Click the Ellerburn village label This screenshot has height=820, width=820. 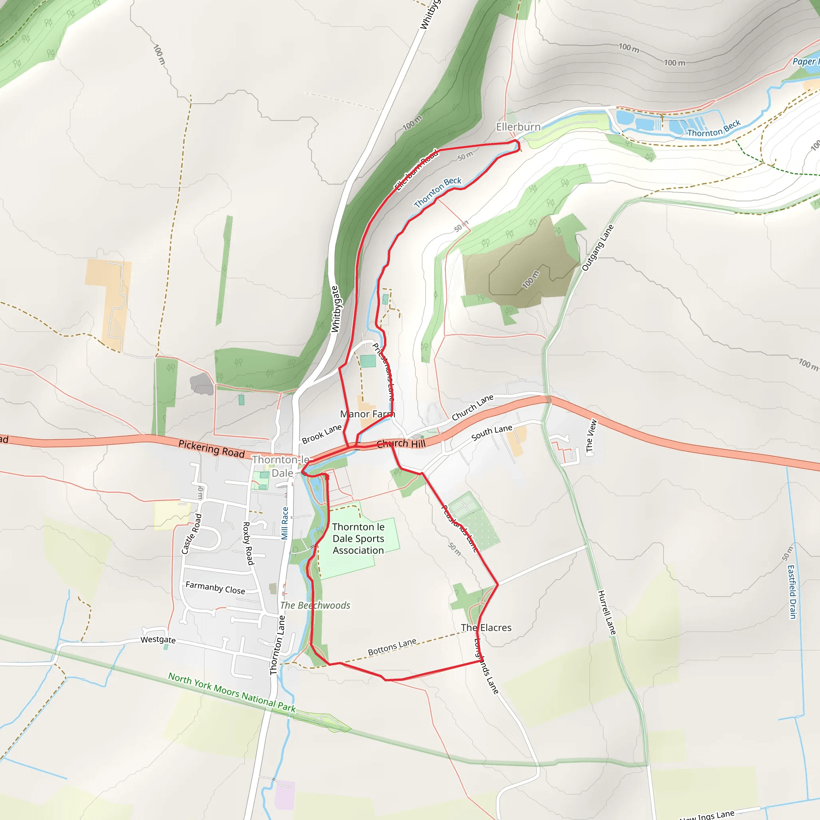point(518,127)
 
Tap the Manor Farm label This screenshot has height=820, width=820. point(367,414)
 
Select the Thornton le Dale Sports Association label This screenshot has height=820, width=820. point(358,539)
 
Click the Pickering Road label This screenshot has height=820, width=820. point(211,448)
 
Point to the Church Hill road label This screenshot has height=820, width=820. point(401,444)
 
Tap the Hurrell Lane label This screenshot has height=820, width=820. point(607,613)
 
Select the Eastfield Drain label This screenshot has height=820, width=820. point(792,592)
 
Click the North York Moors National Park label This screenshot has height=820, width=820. point(232,692)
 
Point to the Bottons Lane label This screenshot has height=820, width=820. point(392,647)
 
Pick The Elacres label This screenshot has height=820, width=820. point(486,628)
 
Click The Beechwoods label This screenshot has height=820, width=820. point(316,605)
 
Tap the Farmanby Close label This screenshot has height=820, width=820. point(215,588)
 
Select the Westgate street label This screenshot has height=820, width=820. point(158,639)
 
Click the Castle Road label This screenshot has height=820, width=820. point(191,534)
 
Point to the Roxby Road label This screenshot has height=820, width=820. point(248,543)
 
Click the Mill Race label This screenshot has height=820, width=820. point(285,523)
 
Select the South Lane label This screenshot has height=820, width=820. point(492,432)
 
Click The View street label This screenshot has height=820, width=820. point(591,436)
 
